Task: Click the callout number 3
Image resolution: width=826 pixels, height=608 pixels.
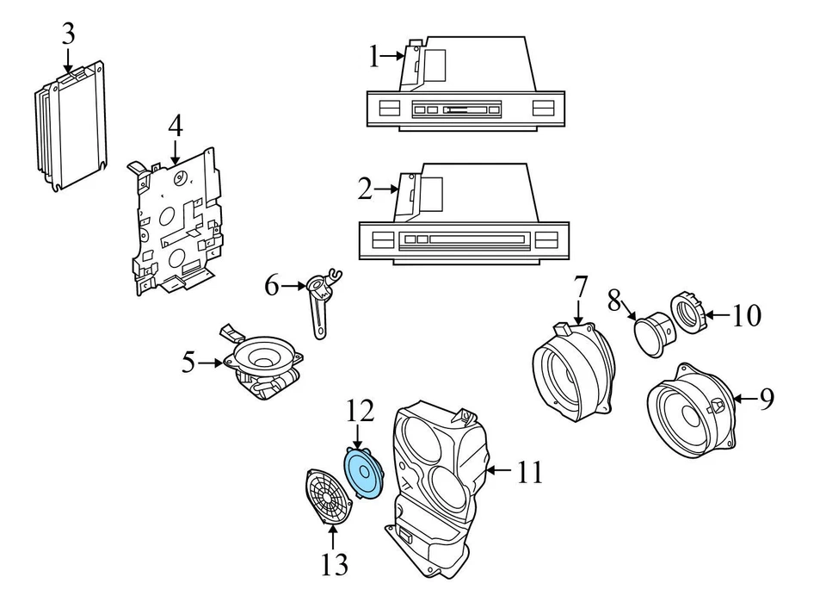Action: pos(69,34)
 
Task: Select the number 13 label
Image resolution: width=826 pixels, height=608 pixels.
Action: pos(335,564)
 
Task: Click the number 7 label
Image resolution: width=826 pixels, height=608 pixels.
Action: pos(579,288)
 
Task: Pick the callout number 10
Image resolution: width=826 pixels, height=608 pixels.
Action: pos(747,315)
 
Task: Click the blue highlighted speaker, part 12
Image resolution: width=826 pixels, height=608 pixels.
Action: pos(363,471)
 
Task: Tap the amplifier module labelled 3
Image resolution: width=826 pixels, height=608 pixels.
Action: pos(71,126)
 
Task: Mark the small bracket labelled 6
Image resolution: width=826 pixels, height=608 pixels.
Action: pos(322,303)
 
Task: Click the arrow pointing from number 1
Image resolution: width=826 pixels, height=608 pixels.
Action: pos(392,55)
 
